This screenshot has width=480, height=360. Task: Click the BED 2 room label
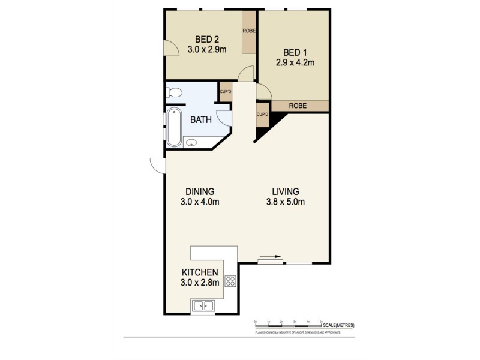(x=206, y=39)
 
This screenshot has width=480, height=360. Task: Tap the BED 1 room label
(x=294, y=52)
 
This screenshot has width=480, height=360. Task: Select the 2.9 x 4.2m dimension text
(x=294, y=62)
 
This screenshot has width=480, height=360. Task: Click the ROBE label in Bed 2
(x=250, y=31)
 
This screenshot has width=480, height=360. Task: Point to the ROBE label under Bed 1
(x=298, y=106)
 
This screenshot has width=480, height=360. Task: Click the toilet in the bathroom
(x=175, y=93)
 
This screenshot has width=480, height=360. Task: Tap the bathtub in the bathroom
(x=173, y=127)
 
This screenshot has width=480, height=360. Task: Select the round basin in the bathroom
(x=191, y=143)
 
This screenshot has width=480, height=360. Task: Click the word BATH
(x=201, y=119)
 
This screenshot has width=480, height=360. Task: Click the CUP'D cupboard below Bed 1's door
(x=262, y=115)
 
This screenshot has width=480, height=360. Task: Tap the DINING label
(x=199, y=191)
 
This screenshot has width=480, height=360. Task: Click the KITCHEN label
(x=199, y=272)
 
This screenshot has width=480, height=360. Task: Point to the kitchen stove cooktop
(x=230, y=281)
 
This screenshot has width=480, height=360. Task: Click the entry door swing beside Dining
(x=157, y=166)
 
